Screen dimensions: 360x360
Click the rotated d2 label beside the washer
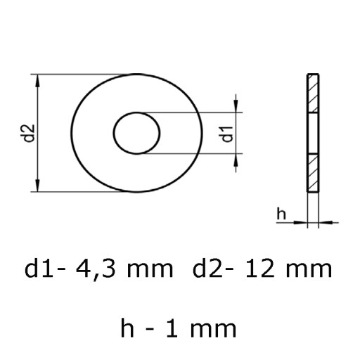30,133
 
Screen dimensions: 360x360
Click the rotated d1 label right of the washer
228,134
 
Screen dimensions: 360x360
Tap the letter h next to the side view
281,213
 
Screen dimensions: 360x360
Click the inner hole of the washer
136,133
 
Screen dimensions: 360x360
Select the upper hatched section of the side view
313,94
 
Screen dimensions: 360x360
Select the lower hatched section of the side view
313,173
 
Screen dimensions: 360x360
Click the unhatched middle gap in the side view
313,134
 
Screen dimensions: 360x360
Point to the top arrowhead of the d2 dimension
37,81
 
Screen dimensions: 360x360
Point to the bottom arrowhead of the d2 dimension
37,185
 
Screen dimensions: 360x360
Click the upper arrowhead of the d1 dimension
236,106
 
